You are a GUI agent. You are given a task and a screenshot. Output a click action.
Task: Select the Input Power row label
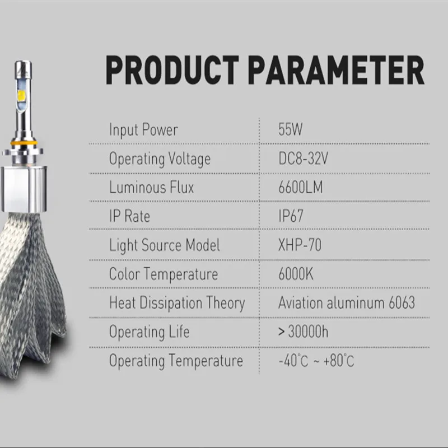(x=143, y=130)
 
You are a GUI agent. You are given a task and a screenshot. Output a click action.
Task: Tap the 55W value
(x=290, y=129)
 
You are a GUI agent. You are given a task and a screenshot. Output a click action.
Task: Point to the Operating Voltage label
(x=160, y=159)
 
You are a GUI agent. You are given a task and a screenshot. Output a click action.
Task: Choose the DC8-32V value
(x=303, y=158)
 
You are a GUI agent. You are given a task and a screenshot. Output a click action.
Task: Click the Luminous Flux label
(x=151, y=188)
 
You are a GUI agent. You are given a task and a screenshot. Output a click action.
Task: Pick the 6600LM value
(x=301, y=188)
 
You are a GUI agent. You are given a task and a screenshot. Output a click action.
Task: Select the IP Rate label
(x=129, y=216)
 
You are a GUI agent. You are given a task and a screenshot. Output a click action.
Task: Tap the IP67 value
(x=291, y=216)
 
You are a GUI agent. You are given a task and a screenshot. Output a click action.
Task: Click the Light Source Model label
(x=165, y=245)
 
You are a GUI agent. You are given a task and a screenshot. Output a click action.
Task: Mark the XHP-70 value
(x=300, y=245)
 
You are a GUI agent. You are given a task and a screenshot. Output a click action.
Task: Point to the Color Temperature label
(x=164, y=274)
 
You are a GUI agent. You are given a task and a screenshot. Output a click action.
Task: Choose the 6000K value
(x=296, y=274)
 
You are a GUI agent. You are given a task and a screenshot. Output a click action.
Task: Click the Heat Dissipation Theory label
(x=177, y=303)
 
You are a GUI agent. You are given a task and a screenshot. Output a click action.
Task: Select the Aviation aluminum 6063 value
(x=347, y=302)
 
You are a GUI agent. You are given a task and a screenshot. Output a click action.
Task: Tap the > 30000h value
(x=303, y=332)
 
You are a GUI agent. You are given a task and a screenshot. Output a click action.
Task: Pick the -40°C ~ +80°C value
(x=316, y=361)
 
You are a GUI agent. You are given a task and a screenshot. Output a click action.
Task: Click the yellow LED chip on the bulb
(x=21, y=96)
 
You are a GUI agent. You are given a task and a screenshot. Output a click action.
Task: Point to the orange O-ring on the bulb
(x=24, y=142)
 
